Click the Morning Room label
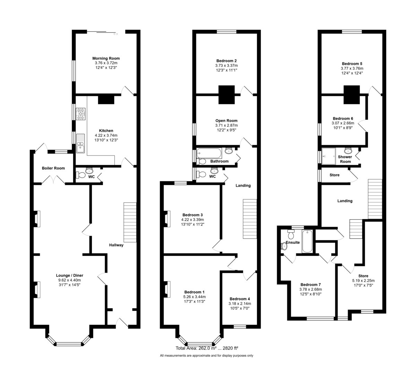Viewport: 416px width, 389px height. click(106, 59)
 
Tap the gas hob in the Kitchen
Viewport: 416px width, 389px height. click(81, 114)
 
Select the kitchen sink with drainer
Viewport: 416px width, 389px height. click(80, 143)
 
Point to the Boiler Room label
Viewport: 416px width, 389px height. click(53, 168)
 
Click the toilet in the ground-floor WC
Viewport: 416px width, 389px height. click(80, 175)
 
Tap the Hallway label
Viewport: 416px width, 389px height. click(116, 245)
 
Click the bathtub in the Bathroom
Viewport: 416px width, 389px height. click(209, 153)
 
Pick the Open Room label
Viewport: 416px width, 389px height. click(226, 121)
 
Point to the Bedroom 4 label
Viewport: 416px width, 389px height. click(240, 299)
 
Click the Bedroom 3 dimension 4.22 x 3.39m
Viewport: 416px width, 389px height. click(192, 220)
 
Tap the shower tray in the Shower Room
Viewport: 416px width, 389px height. click(328, 156)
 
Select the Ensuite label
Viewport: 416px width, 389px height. click(293, 242)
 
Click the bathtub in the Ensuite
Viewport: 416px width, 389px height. click(307, 241)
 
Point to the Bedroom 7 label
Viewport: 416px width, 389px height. click(311, 284)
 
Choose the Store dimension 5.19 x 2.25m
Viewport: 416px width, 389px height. click(363, 281)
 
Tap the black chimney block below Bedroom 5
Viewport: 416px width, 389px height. click(352, 95)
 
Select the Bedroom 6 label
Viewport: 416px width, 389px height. click(343, 118)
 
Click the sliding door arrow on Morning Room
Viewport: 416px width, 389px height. click(116, 34)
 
